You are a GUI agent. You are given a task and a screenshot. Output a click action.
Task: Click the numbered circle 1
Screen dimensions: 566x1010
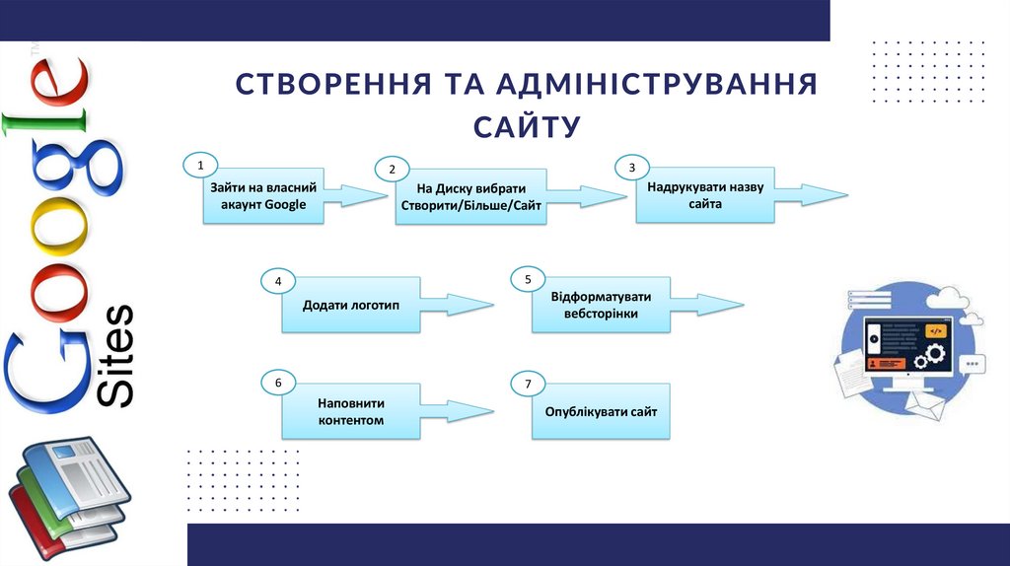[200, 166]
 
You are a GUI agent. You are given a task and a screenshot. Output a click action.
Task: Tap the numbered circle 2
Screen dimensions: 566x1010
[392, 170]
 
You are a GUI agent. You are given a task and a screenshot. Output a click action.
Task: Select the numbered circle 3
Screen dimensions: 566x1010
[632, 168]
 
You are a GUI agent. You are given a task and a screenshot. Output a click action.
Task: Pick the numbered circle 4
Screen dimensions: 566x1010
[278, 282]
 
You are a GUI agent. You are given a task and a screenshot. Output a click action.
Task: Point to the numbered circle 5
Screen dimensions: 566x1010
[529, 280]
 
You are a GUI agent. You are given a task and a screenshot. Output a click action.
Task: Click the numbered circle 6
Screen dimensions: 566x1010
[278, 382]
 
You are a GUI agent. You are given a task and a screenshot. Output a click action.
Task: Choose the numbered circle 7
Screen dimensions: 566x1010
[529, 384]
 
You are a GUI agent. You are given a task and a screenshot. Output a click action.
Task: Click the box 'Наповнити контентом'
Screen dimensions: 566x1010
[351, 412]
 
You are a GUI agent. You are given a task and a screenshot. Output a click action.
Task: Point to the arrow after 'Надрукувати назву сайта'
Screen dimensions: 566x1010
[813, 194]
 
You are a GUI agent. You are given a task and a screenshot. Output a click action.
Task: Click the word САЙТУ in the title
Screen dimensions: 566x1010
[527, 126]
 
